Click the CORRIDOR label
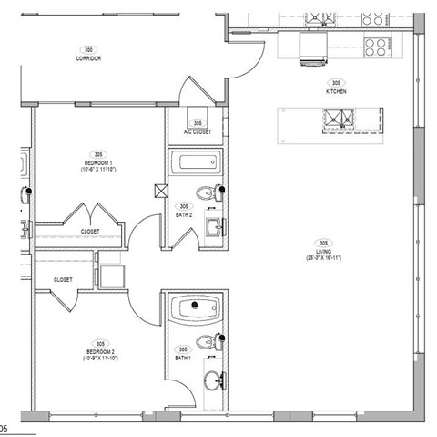pyautogui.click(x=88, y=58)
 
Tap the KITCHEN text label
pyautogui.click(x=337, y=92)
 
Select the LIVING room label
pyautogui.click(x=322, y=253)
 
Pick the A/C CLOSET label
pyautogui.click(x=198, y=131)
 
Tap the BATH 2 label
pyautogui.click(x=183, y=215)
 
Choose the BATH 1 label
pyautogui.click(x=183, y=358)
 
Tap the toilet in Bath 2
pyautogui.click(x=214, y=193)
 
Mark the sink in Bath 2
pyautogui.click(x=214, y=226)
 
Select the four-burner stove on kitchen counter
pyautogui.click(x=374, y=43)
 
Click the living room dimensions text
pyautogui.click(x=323, y=258)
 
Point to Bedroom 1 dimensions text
pyautogui.click(x=97, y=170)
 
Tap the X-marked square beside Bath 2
pyautogui.click(x=161, y=192)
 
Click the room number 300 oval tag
pyautogui.click(x=88, y=50)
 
